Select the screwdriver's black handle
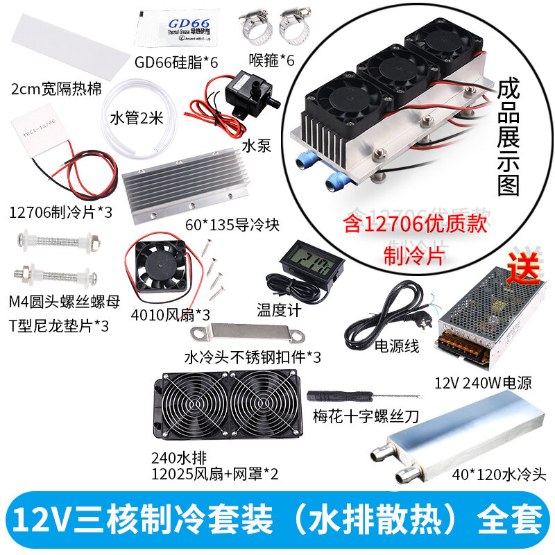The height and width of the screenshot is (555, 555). pyautogui.click(x=328, y=395)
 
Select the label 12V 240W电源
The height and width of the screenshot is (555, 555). pyautogui.click(x=472, y=382)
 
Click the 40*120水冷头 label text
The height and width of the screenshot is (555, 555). pyautogui.click(x=499, y=475)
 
